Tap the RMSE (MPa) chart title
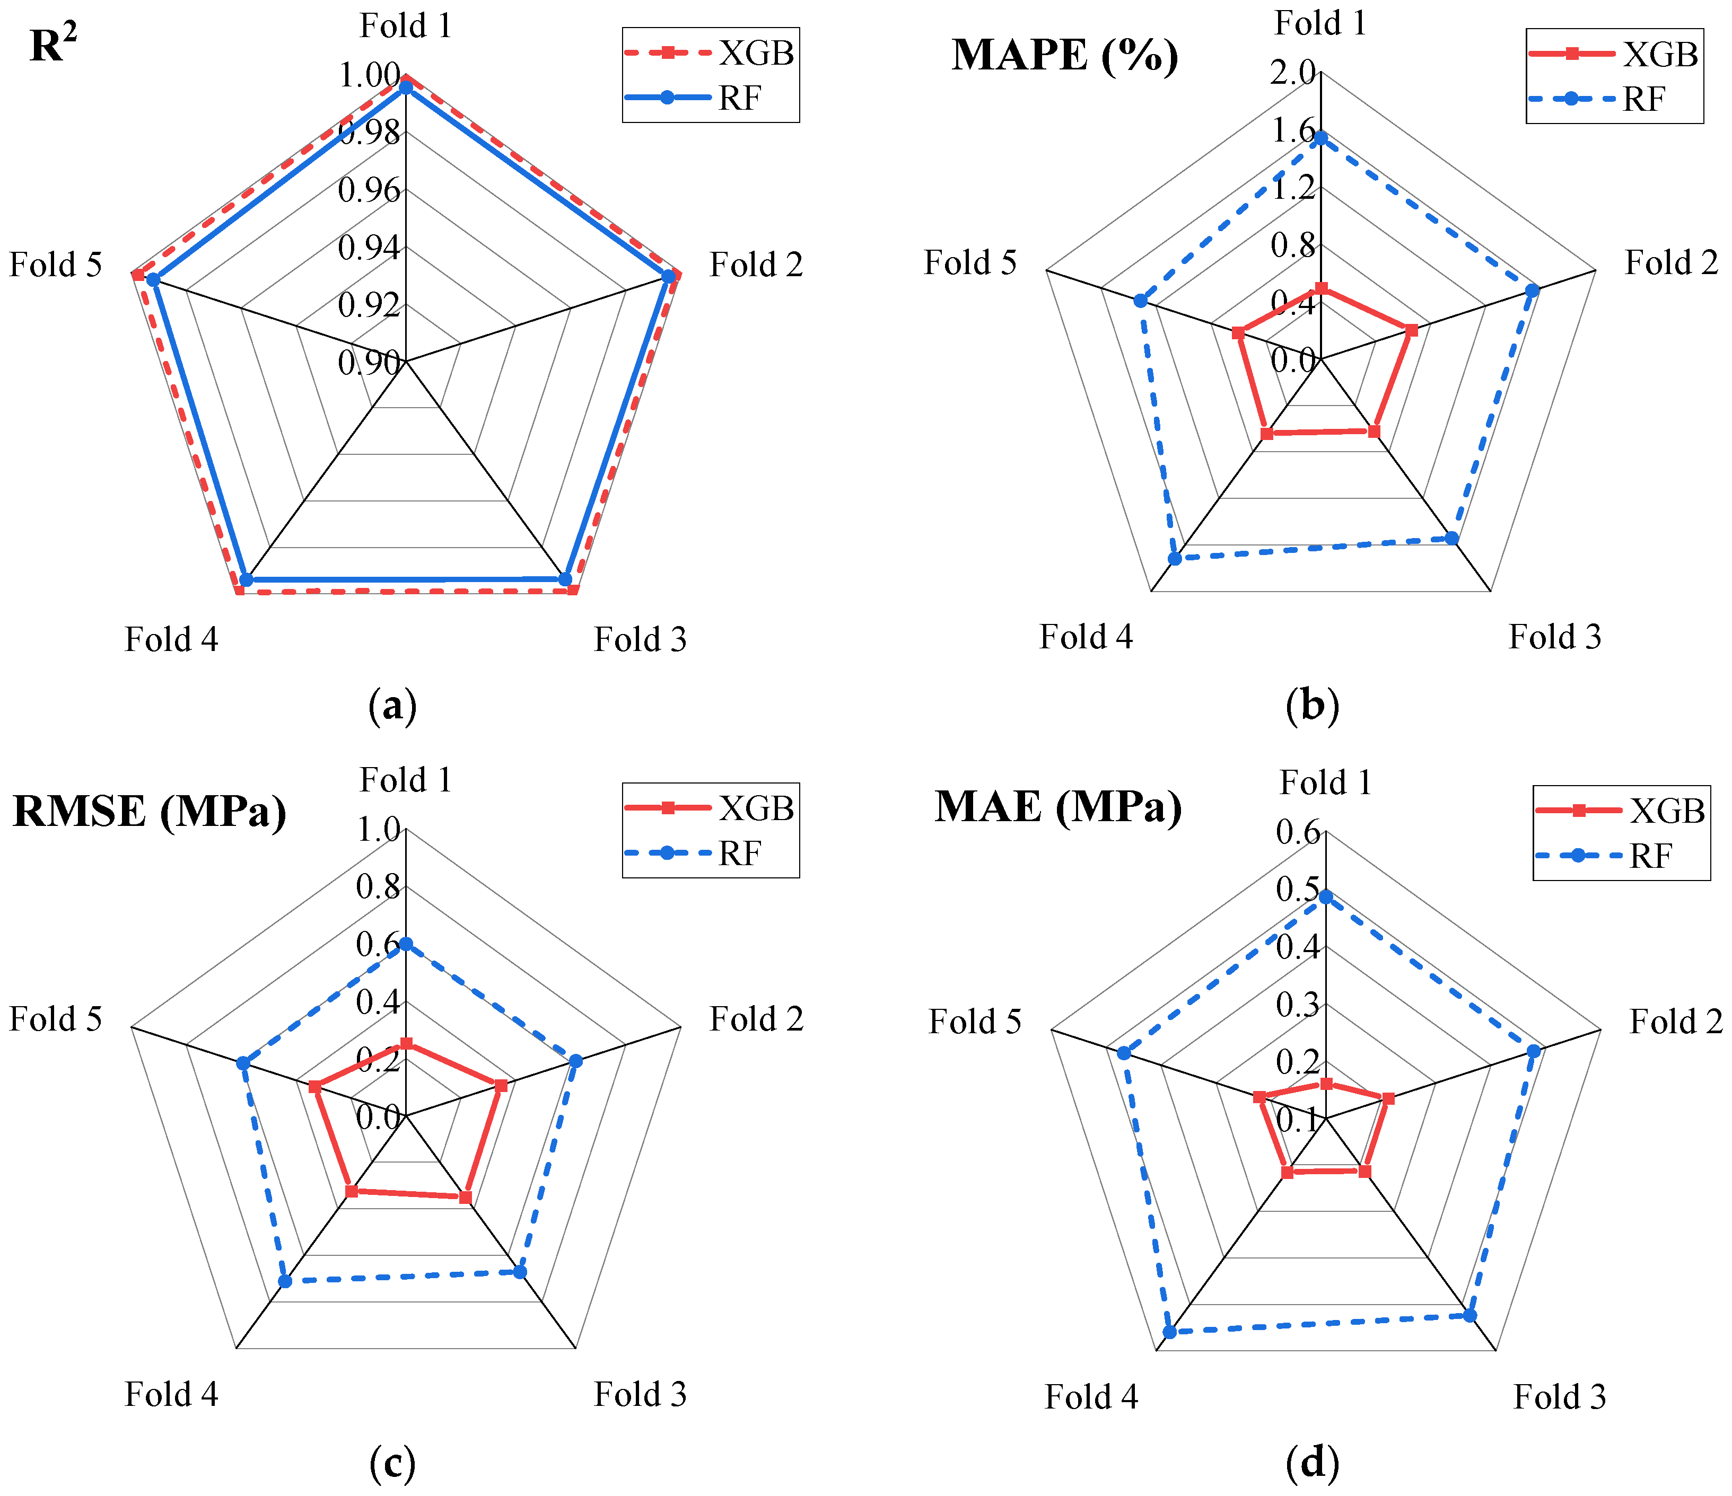pos(149,811)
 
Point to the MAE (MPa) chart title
pos(1057,807)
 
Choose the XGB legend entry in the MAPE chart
pos(1613,54)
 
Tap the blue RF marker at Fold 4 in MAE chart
pos(1169,1332)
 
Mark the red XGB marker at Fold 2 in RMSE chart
pos(501,1086)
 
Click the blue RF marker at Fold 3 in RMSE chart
pos(519,1272)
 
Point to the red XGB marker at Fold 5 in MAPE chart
pos(1238,332)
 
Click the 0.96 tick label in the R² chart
pos(369,190)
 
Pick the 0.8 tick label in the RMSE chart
pos(378,887)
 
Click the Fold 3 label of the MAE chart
pos(1560,1397)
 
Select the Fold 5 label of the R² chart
pos(55,265)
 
